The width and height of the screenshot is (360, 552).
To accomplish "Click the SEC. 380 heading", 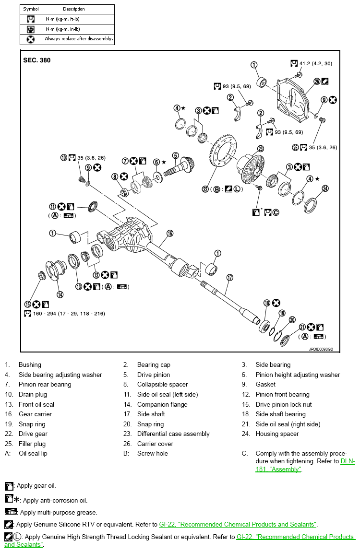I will coord(36,60).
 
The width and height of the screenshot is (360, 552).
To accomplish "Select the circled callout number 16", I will coord(170,234).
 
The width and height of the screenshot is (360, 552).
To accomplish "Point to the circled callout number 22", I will coord(206,189).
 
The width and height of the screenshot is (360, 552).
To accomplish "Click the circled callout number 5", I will coord(176,155).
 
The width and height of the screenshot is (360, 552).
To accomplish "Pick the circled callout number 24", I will coord(325,188).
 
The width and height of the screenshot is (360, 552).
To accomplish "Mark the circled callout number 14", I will coord(60,294).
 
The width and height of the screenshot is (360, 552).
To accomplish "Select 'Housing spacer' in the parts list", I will coord(277,434).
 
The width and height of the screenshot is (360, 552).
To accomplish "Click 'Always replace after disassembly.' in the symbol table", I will coord(79,39).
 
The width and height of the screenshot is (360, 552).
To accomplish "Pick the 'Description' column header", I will coord(74,9).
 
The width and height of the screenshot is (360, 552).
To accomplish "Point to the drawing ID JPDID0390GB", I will coord(321,350).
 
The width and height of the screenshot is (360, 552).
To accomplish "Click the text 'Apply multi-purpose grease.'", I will coord(59,513).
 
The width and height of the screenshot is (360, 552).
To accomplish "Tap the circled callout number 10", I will coord(63,157).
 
